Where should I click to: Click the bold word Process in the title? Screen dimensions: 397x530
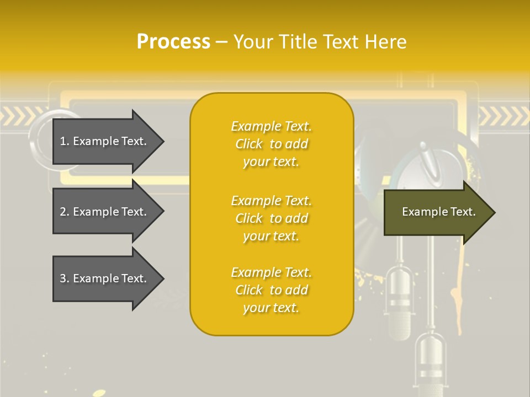pos(173,42)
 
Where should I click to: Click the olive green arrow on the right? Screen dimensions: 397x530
pos(436,212)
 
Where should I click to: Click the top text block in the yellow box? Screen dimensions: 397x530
pos(271,144)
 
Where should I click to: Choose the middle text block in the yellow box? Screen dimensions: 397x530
pos(271,218)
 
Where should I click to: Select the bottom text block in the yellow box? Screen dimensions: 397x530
pos(271,290)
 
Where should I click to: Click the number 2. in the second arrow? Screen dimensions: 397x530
pos(65,212)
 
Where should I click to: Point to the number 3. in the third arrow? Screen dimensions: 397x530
pos(65,278)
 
